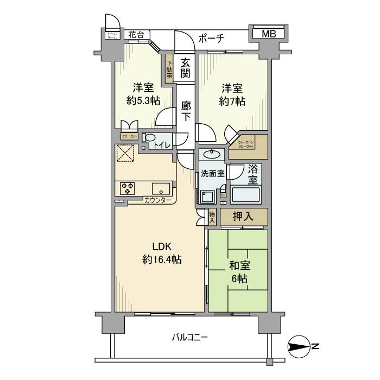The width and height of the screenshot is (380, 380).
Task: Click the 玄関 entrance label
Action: tap(185, 68)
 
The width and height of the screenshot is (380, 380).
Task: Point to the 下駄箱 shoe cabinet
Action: tap(169, 68)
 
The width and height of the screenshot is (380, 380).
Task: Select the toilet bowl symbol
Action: tap(150, 138)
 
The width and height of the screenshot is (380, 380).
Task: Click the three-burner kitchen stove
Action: tap(127, 188)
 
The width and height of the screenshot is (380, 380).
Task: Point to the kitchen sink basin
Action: tap(160, 189)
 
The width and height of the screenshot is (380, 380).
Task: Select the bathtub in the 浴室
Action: tap(246, 194)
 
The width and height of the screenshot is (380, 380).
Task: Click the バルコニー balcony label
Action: tap(190, 338)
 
